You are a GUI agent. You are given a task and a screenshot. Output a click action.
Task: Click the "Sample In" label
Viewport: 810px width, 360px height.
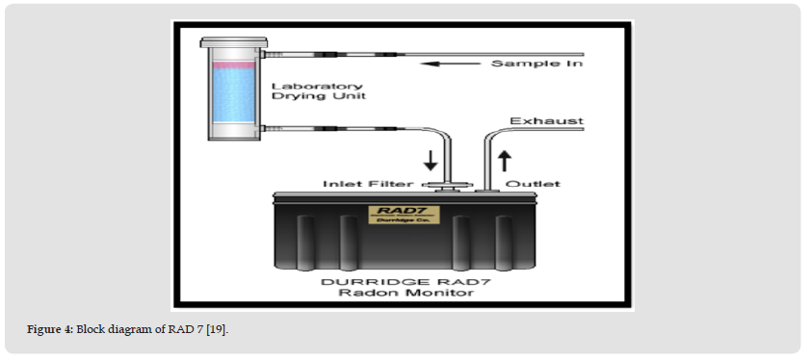point(536,64)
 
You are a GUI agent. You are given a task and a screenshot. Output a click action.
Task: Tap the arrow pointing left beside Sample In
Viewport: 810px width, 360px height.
point(451,64)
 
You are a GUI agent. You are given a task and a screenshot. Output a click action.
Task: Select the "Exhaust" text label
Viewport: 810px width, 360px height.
point(546,121)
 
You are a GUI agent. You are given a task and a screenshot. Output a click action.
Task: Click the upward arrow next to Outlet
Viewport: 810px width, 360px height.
point(504,160)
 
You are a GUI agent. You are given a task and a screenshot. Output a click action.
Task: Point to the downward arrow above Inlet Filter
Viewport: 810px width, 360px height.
point(431,160)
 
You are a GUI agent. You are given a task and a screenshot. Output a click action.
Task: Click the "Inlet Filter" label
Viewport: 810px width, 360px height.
point(368,184)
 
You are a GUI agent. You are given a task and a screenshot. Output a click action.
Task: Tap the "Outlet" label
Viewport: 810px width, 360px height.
point(533,184)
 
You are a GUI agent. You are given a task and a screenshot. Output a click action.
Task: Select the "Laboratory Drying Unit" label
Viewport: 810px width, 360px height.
point(319,91)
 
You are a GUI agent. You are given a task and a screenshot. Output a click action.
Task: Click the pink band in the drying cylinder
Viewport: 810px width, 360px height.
point(234,65)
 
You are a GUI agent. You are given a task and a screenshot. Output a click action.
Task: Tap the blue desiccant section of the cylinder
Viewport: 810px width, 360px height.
point(234,95)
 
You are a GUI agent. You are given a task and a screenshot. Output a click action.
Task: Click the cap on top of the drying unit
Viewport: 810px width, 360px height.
point(234,41)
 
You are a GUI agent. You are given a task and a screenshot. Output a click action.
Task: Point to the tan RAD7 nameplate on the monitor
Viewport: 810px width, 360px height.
point(404,215)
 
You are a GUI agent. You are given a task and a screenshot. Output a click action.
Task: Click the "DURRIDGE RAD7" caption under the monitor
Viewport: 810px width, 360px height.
point(397,282)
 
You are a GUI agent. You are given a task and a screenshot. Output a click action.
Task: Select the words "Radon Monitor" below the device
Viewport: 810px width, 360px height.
point(405,293)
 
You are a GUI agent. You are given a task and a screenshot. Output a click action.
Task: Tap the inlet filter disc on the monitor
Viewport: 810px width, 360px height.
point(447,185)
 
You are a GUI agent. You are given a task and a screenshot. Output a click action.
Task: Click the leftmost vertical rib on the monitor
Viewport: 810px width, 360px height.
point(305,243)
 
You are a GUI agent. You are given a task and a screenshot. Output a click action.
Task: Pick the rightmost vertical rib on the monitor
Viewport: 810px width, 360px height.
point(504,243)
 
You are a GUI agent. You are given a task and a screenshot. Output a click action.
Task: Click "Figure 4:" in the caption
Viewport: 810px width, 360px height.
point(50,329)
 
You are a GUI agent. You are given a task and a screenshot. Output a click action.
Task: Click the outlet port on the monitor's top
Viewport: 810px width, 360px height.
point(487,191)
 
